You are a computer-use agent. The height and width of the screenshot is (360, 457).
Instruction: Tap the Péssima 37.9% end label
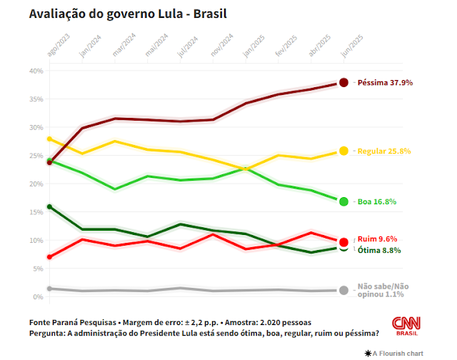tap(385, 83)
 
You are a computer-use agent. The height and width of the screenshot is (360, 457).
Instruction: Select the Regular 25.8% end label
tap(385, 151)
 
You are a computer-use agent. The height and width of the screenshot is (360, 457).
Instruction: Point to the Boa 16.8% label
tap(376, 201)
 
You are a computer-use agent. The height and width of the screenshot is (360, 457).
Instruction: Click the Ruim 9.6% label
tap(378, 239)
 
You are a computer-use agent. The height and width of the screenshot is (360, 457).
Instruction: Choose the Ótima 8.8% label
tap(379, 251)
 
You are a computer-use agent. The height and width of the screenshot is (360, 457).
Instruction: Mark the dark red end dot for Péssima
tap(343, 83)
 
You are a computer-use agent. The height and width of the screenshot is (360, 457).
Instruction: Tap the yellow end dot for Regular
tap(343, 151)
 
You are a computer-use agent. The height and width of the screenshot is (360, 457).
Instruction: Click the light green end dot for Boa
tap(343, 201)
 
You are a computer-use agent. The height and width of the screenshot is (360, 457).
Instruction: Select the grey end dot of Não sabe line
tap(343, 290)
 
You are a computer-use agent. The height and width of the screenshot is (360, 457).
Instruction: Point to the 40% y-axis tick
tap(36, 71)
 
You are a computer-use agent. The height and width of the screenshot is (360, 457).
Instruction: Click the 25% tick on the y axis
tap(36, 156)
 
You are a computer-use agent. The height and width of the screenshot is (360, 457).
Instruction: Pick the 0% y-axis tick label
tap(39, 296)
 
